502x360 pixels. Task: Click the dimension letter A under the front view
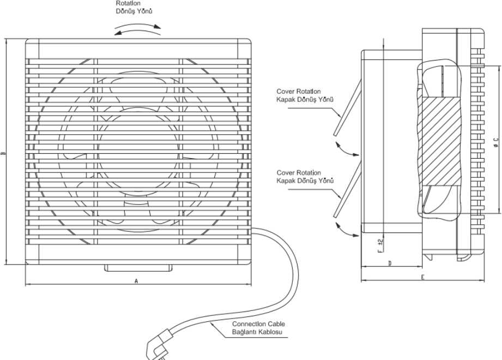[x=136, y=281]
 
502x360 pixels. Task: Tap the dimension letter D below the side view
[x=390, y=263]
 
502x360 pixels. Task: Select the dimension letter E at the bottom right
[x=422, y=278]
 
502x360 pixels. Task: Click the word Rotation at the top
[x=127, y=3]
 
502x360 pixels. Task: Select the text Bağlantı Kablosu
[x=257, y=332]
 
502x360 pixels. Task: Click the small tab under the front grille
[x=137, y=268]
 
